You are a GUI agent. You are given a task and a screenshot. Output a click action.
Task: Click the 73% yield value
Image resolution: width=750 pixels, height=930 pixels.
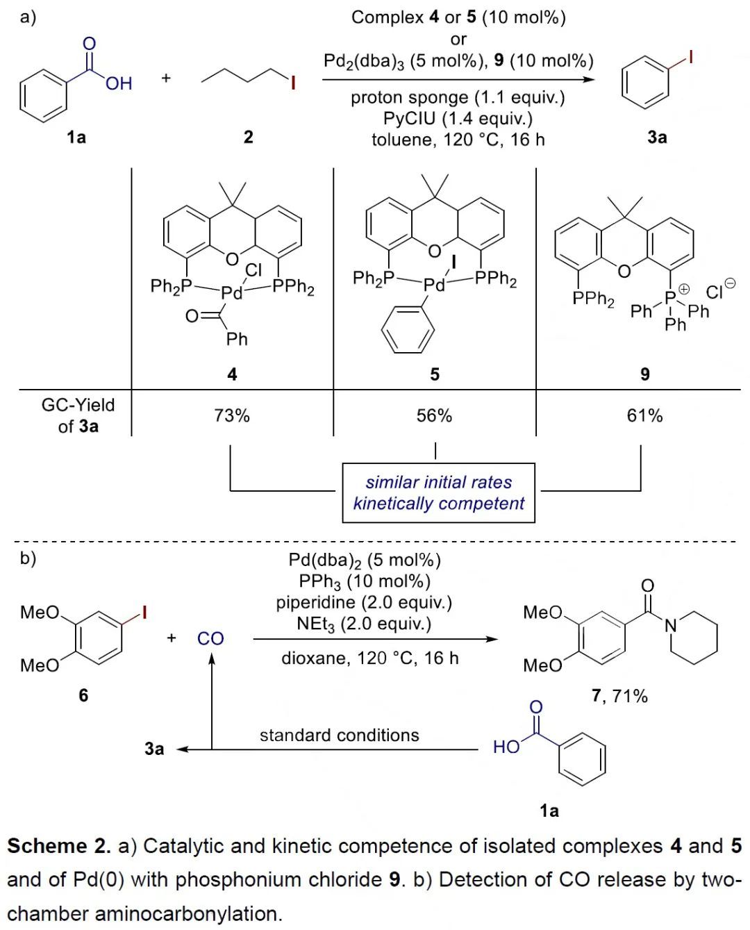(x=231, y=415)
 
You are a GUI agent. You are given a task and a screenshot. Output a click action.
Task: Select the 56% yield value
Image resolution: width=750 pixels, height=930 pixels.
(x=434, y=415)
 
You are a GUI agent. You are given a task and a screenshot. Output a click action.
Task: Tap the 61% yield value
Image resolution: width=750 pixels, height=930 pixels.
(x=644, y=415)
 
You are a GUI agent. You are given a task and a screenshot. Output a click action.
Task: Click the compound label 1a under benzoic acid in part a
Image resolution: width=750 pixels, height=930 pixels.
(x=76, y=137)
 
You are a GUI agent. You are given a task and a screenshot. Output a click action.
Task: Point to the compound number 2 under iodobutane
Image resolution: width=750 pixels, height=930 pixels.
(x=248, y=137)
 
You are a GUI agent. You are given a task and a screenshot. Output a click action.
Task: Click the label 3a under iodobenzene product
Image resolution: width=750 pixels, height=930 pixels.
(x=657, y=137)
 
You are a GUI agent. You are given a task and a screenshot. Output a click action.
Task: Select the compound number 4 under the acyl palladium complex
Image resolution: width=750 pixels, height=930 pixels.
(x=232, y=374)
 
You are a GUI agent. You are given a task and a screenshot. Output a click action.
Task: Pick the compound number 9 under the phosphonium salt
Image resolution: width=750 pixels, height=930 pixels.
(x=644, y=374)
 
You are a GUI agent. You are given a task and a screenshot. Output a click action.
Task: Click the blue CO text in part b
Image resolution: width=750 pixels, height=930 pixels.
(x=210, y=638)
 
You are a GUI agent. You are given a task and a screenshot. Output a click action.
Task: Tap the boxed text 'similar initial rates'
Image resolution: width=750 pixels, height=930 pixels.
(x=438, y=482)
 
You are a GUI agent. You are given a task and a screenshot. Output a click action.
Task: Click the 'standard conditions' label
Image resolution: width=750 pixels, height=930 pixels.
(x=339, y=735)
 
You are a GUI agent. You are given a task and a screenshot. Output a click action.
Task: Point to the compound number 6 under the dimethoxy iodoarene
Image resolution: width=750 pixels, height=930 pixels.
(x=83, y=695)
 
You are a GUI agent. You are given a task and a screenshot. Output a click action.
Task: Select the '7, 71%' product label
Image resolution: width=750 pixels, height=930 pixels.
(x=619, y=695)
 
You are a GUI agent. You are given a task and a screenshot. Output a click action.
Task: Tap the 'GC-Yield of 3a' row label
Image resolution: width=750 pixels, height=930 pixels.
(x=78, y=415)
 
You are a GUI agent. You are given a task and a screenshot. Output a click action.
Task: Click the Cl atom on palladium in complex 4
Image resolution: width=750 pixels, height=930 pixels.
(x=253, y=269)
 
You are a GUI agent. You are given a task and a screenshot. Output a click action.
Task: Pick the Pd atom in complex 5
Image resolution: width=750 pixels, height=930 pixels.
(x=434, y=285)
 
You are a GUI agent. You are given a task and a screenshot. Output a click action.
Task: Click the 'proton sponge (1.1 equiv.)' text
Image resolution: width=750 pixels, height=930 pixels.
(x=458, y=97)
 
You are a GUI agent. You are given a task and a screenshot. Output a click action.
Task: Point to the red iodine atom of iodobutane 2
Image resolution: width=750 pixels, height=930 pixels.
(x=293, y=83)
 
